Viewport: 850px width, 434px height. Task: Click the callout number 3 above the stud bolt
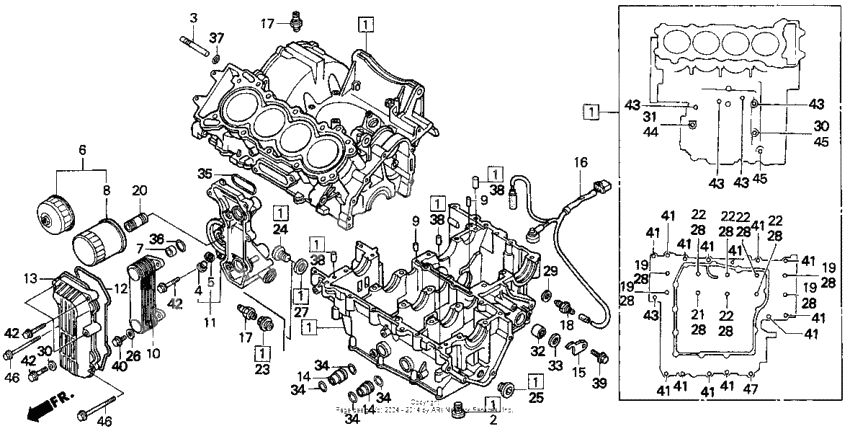click(x=194, y=17)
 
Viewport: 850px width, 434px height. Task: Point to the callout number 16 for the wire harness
click(x=579, y=162)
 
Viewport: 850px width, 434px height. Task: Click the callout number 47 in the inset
click(x=778, y=387)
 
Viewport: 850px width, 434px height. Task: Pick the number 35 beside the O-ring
click(x=205, y=172)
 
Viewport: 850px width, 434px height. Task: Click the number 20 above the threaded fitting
click(x=139, y=190)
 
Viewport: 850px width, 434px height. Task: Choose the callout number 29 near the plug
click(x=549, y=271)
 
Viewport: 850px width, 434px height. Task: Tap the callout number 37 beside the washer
click(x=217, y=39)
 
